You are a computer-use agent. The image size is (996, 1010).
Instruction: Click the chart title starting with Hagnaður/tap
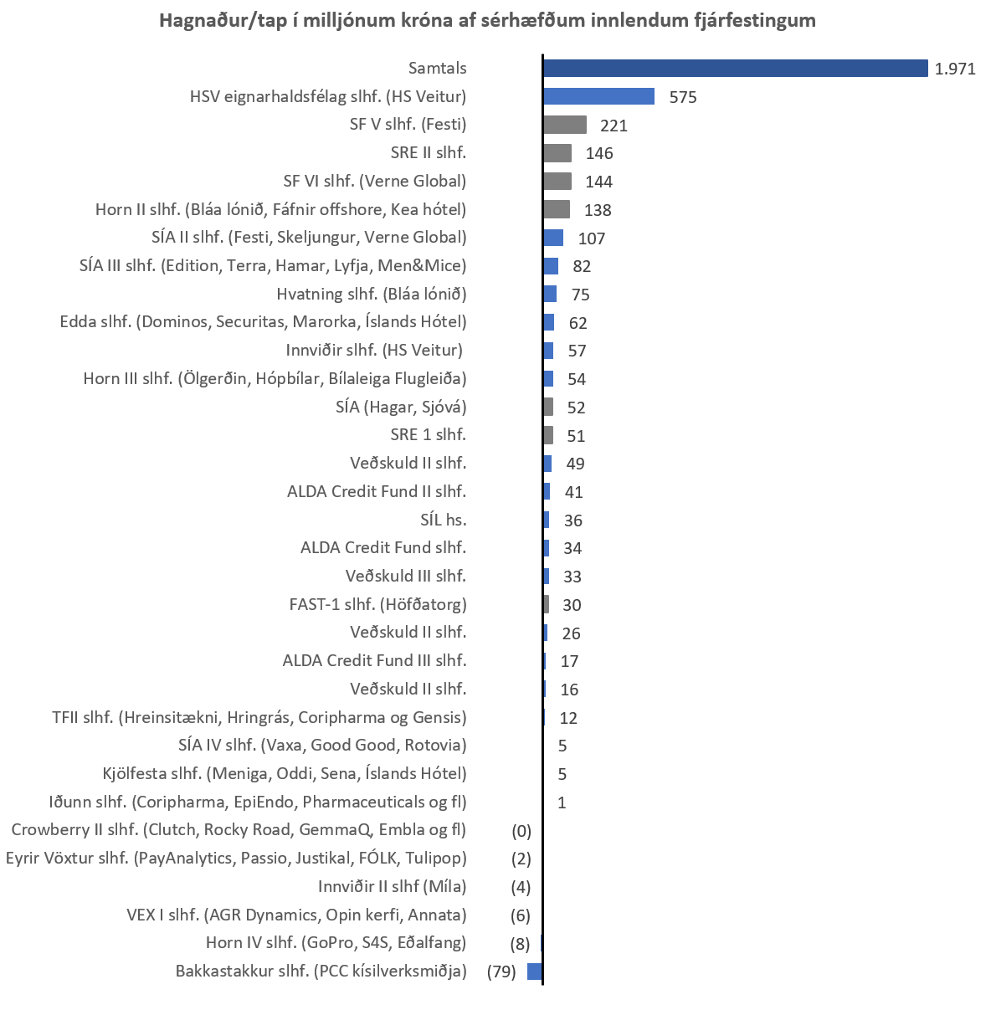(487, 20)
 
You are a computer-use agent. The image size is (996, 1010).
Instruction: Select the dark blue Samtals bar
(735, 68)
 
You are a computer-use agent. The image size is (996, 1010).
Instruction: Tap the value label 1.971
(955, 69)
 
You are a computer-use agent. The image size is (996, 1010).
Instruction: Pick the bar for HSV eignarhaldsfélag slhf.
(598, 96)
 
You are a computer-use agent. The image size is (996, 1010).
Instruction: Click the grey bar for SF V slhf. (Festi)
(565, 125)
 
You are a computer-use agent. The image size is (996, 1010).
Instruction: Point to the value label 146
(599, 153)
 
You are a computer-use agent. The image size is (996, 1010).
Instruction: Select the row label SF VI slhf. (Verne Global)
(374, 181)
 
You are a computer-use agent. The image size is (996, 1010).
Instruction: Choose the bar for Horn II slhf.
(557, 209)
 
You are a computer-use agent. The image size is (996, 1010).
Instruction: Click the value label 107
(591, 238)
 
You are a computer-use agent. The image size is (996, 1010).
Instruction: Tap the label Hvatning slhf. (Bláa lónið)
(371, 294)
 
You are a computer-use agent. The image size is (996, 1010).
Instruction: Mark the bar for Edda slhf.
(549, 322)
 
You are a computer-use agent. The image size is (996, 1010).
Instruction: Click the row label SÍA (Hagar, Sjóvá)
(400, 407)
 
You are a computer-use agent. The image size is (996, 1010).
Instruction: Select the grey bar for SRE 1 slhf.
(548, 435)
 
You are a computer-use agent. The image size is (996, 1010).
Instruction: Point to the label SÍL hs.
(443, 520)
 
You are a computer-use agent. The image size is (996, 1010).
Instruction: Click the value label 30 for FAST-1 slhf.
(572, 605)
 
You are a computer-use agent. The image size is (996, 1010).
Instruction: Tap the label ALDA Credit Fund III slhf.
(374, 660)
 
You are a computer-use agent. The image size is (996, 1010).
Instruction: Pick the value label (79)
(501, 972)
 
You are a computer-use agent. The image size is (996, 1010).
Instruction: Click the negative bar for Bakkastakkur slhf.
(535, 972)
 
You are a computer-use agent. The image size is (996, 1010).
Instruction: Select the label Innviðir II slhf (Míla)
(392, 886)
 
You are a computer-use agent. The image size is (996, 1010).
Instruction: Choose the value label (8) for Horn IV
(520, 944)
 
